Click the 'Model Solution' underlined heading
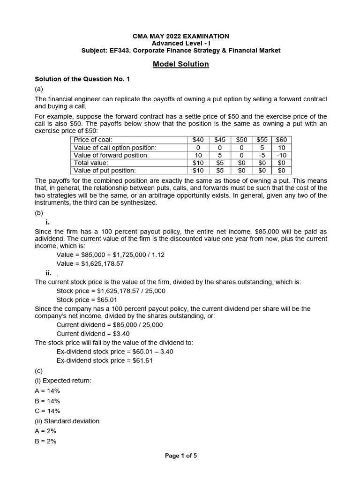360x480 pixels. coord(180,64)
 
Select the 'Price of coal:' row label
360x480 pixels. coord(93,140)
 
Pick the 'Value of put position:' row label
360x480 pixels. coord(105,171)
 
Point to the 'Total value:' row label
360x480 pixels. coord(91,163)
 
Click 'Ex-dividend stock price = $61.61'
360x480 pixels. coord(105,360)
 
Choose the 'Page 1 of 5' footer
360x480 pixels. coord(180,455)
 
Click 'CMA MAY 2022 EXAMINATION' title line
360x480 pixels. coord(180,36)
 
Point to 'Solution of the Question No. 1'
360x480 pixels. coord(82,79)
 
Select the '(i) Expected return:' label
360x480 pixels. coord(63,381)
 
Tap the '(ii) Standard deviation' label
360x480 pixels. coord(67,421)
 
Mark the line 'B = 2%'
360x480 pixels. coord(45,441)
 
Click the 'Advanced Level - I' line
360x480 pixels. coord(180,43)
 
